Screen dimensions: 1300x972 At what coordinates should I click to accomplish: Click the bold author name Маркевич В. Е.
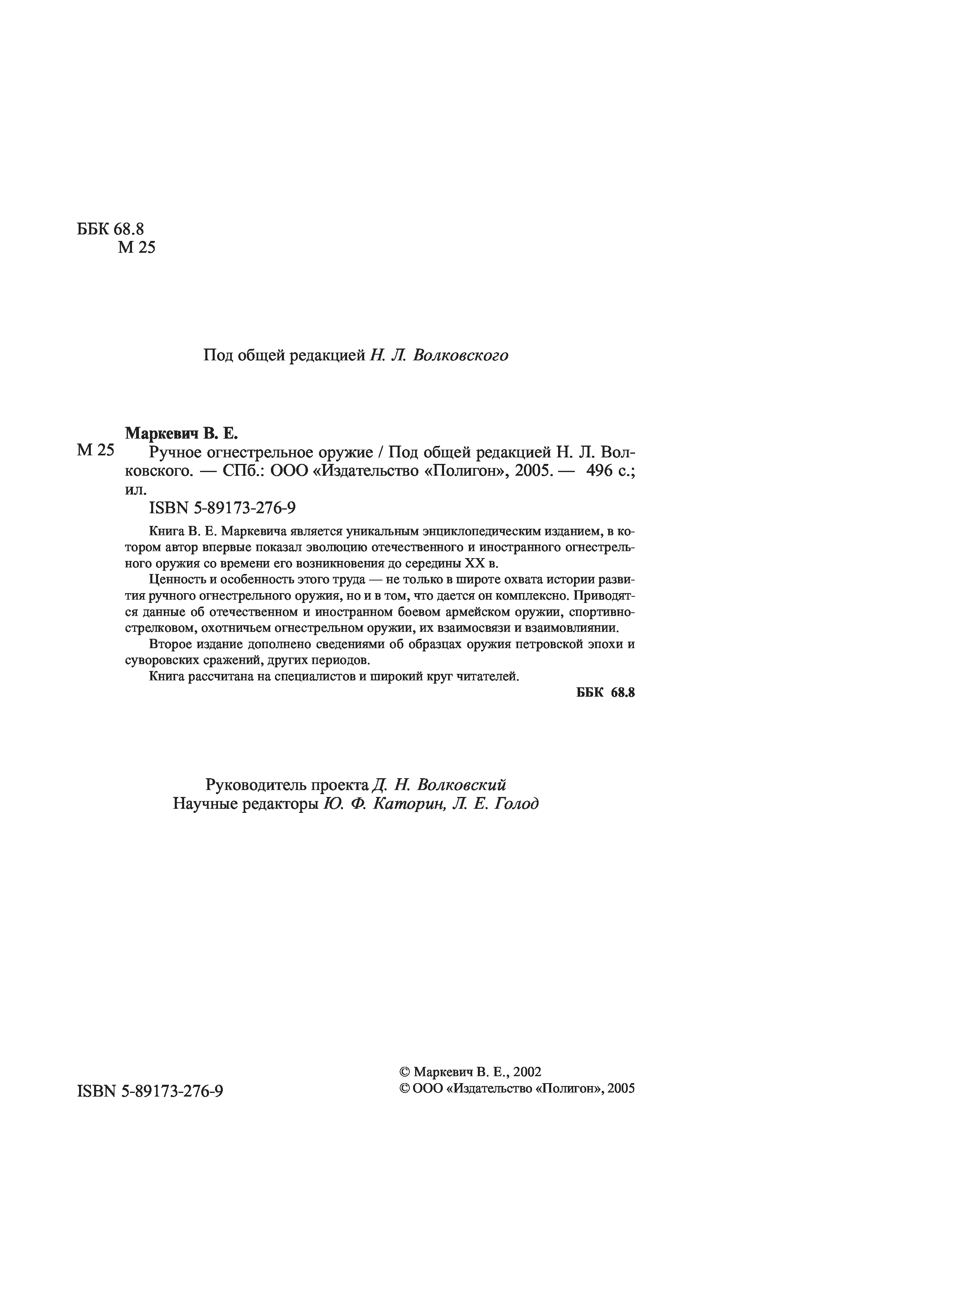[181, 433]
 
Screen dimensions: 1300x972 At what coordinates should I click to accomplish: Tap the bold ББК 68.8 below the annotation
[605, 692]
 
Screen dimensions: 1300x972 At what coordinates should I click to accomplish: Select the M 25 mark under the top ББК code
[136, 247]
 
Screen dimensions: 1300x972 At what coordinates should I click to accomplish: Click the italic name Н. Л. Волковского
[439, 355]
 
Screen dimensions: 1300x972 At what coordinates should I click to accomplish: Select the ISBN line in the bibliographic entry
[222, 508]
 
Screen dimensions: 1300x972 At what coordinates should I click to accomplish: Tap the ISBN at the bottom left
[150, 1091]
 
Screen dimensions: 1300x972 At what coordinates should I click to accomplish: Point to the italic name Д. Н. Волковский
[439, 785]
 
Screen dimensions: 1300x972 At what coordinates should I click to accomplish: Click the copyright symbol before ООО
[404, 1088]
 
